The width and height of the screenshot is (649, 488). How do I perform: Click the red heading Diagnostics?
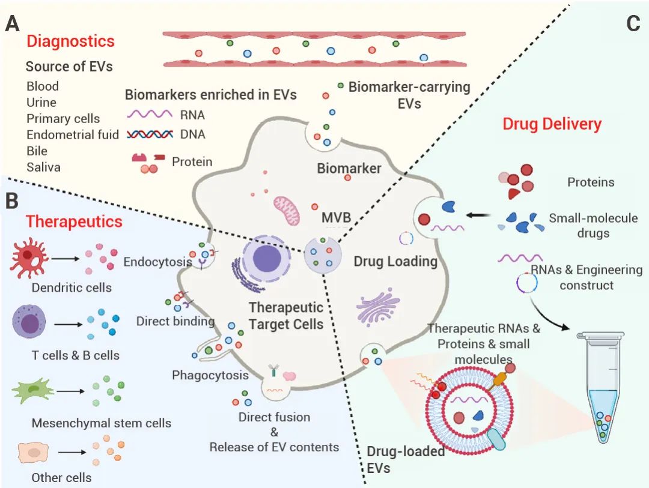tap(70, 41)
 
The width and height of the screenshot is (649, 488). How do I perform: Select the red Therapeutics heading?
tap(74, 221)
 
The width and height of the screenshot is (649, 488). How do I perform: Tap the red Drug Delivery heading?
tap(552, 124)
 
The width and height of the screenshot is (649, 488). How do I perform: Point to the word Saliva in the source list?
tap(43, 167)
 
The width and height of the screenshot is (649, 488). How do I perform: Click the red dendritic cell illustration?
tap(28, 259)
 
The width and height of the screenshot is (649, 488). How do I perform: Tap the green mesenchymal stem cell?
tap(32, 392)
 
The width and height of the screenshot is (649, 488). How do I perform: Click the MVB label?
tap(336, 217)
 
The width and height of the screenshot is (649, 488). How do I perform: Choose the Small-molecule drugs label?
tap(593, 225)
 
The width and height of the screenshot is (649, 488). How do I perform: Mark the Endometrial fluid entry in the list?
tap(73, 134)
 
